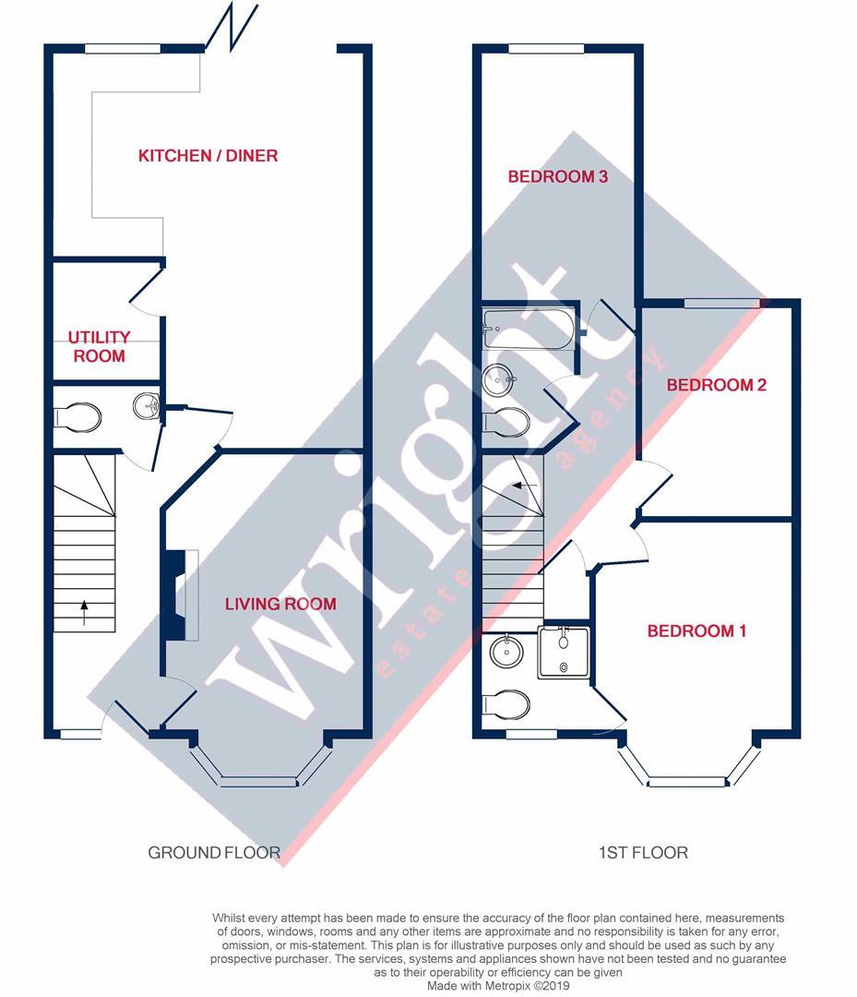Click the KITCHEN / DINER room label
[x=208, y=155]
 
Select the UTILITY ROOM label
[x=100, y=346]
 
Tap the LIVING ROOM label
[x=280, y=604]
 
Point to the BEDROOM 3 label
[x=557, y=176]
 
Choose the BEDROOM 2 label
[x=717, y=385]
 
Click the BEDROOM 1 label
[x=696, y=631]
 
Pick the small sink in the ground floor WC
[x=147, y=404]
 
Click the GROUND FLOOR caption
[x=214, y=852]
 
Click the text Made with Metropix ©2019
[x=498, y=985]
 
